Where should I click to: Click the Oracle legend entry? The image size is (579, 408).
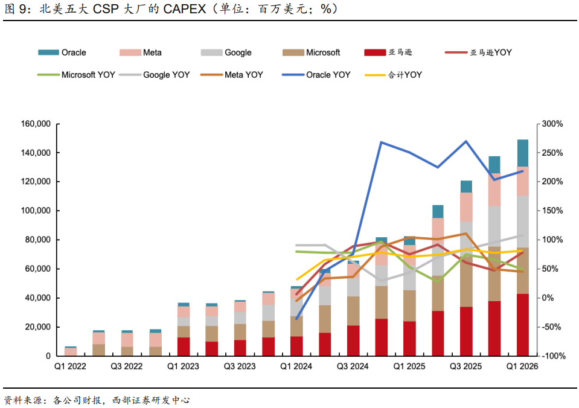pyautogui.click(x=62, y=53)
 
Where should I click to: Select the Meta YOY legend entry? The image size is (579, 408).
pyautogui.click(x=231, y=75)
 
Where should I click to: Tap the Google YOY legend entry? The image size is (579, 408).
pyautogui.click(x=155, y=75)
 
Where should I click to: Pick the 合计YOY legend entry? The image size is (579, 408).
pyautogui.click(x=393, y=75)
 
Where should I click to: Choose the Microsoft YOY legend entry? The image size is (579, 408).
pyautogui.click(x=77, y=75)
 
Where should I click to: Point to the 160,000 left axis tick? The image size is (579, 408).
pyautogui.click(x=36, y=124)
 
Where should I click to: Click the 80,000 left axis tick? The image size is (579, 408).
pyautogui.click(x=38, y=240)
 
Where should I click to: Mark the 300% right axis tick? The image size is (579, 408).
pyautogui.click(x=552, y=124)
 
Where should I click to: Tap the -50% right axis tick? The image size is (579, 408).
pyautogui.click(x=551, y=327)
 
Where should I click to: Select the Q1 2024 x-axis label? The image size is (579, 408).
pyautogui.click(x=296, y=366)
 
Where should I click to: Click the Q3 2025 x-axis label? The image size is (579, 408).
pyautogui.click(x=465, y=366)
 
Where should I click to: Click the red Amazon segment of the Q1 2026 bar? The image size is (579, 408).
pyautogui.click(x=522, y=325)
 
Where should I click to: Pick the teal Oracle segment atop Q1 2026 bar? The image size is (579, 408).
pyautogui.click(x=522, y=153)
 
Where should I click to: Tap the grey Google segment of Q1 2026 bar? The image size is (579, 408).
pyautogui.click(x=522, y=222)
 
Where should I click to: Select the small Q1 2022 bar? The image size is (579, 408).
pyautogui.click(x=70, y=351)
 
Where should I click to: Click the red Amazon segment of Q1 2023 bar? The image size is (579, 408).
pyautogui.click(x=184, y=346)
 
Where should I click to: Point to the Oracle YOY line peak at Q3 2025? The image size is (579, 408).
pyautogui.click(x=466, y=141)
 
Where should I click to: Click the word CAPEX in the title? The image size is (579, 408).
pyautogui.click(x=185, y=9)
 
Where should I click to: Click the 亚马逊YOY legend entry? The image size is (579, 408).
pyautogui.click(x=479, y=53)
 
